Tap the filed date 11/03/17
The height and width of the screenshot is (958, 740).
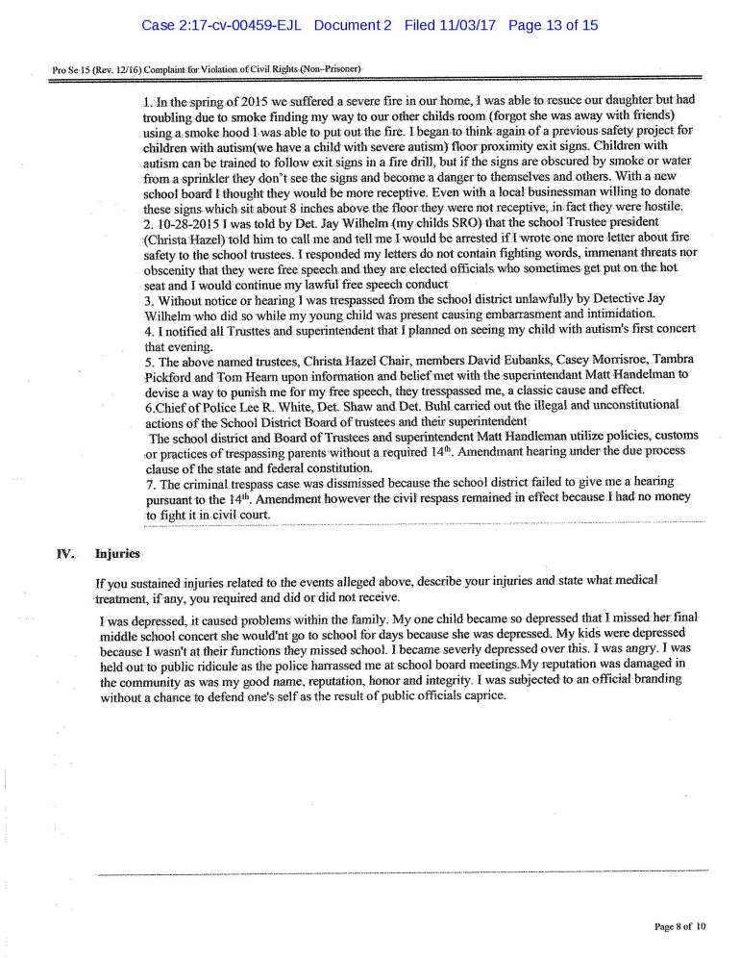[x=464, y=26]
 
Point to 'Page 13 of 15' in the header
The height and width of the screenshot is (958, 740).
[x=553, y=26]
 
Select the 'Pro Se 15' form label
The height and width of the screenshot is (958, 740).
[x=72, y=69]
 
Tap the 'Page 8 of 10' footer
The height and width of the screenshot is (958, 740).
[x=679, y=926]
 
